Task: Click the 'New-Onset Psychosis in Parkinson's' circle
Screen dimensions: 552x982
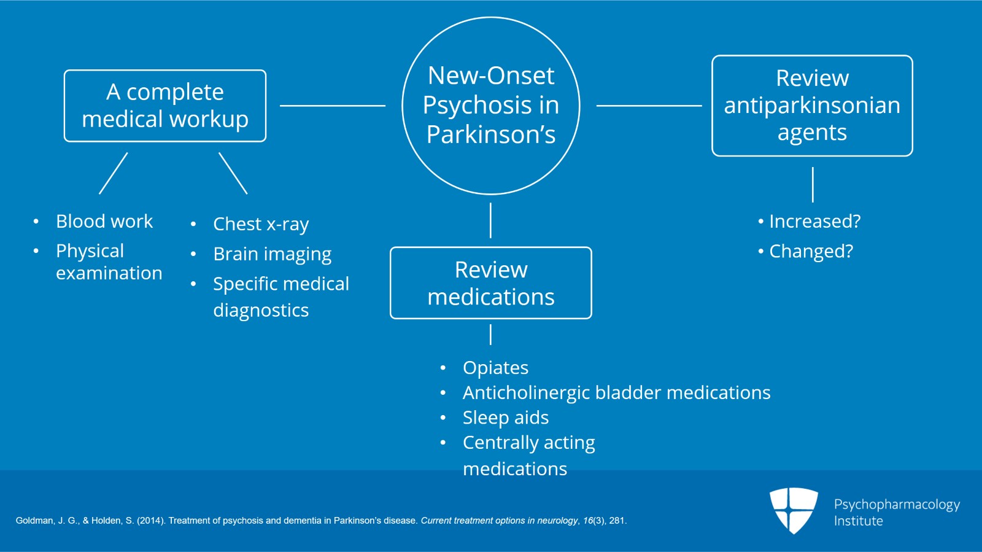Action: coord(491,106)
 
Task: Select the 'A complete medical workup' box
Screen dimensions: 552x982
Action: coord(165,106)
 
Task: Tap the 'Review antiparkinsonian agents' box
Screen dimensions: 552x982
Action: coord(812,106)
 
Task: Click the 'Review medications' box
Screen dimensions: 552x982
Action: coord(491,283)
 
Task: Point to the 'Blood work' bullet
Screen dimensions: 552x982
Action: coord(104,221)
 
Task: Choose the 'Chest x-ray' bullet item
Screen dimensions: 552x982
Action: coord(261,224)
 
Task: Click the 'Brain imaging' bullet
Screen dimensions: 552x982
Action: coord(272,254)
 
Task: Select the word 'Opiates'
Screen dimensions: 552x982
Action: coord(495,368)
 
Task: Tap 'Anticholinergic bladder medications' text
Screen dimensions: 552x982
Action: coord(616,392)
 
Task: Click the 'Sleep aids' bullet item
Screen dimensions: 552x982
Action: coord(505,418)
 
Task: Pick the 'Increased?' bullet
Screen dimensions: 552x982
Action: coord(814,221)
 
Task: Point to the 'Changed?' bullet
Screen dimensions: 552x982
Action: coord(810,251)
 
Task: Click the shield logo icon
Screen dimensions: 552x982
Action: coord(794,510)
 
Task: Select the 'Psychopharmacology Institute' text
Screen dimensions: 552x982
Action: coord(896,512)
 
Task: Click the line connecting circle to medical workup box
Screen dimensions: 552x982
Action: coord(332,106)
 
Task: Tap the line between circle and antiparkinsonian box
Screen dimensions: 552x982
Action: coord(649,106)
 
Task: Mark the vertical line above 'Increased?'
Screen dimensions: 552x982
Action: coord(813,184)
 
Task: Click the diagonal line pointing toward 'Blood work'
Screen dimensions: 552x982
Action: coord(114,173)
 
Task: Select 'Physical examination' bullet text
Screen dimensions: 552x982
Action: coord(109,262)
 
